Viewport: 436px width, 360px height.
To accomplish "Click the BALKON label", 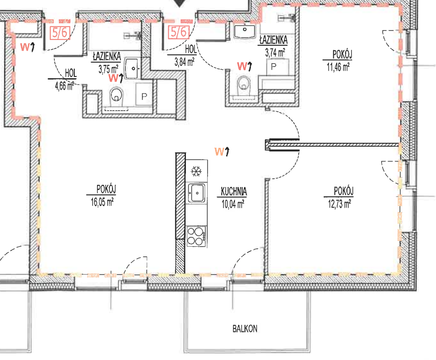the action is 245,328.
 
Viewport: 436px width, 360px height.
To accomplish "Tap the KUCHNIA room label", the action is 234,192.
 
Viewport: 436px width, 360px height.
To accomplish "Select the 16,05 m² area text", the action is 102,202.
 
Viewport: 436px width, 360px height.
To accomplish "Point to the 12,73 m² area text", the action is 339,204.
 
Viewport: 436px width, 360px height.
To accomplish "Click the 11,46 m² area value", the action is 338,67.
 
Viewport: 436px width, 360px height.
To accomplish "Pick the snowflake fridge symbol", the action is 196,171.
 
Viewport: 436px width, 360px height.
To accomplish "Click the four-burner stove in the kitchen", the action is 196,236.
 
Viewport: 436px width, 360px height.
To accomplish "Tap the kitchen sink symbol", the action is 197,193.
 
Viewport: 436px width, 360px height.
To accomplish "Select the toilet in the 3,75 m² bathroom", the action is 117,97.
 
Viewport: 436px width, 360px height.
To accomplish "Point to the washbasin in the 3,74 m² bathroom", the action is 245,32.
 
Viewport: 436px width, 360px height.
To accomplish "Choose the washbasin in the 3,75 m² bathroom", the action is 132,68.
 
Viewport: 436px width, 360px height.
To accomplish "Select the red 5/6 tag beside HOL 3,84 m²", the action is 179,32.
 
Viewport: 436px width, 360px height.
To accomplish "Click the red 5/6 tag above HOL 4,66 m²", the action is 60,32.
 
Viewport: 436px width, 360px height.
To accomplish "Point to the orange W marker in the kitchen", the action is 222,152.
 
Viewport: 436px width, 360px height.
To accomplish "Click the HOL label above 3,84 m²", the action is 191,49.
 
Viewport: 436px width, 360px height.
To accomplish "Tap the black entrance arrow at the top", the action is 180,3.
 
